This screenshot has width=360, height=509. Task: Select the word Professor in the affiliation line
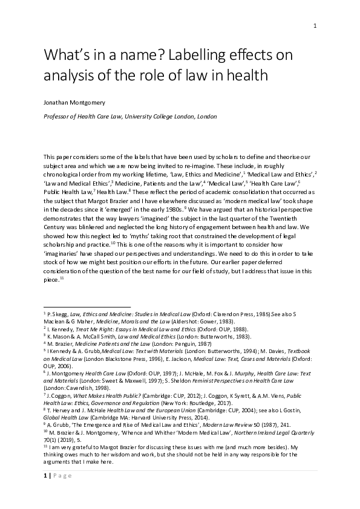coord(58,116)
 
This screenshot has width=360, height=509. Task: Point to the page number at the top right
coord(315,25)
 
